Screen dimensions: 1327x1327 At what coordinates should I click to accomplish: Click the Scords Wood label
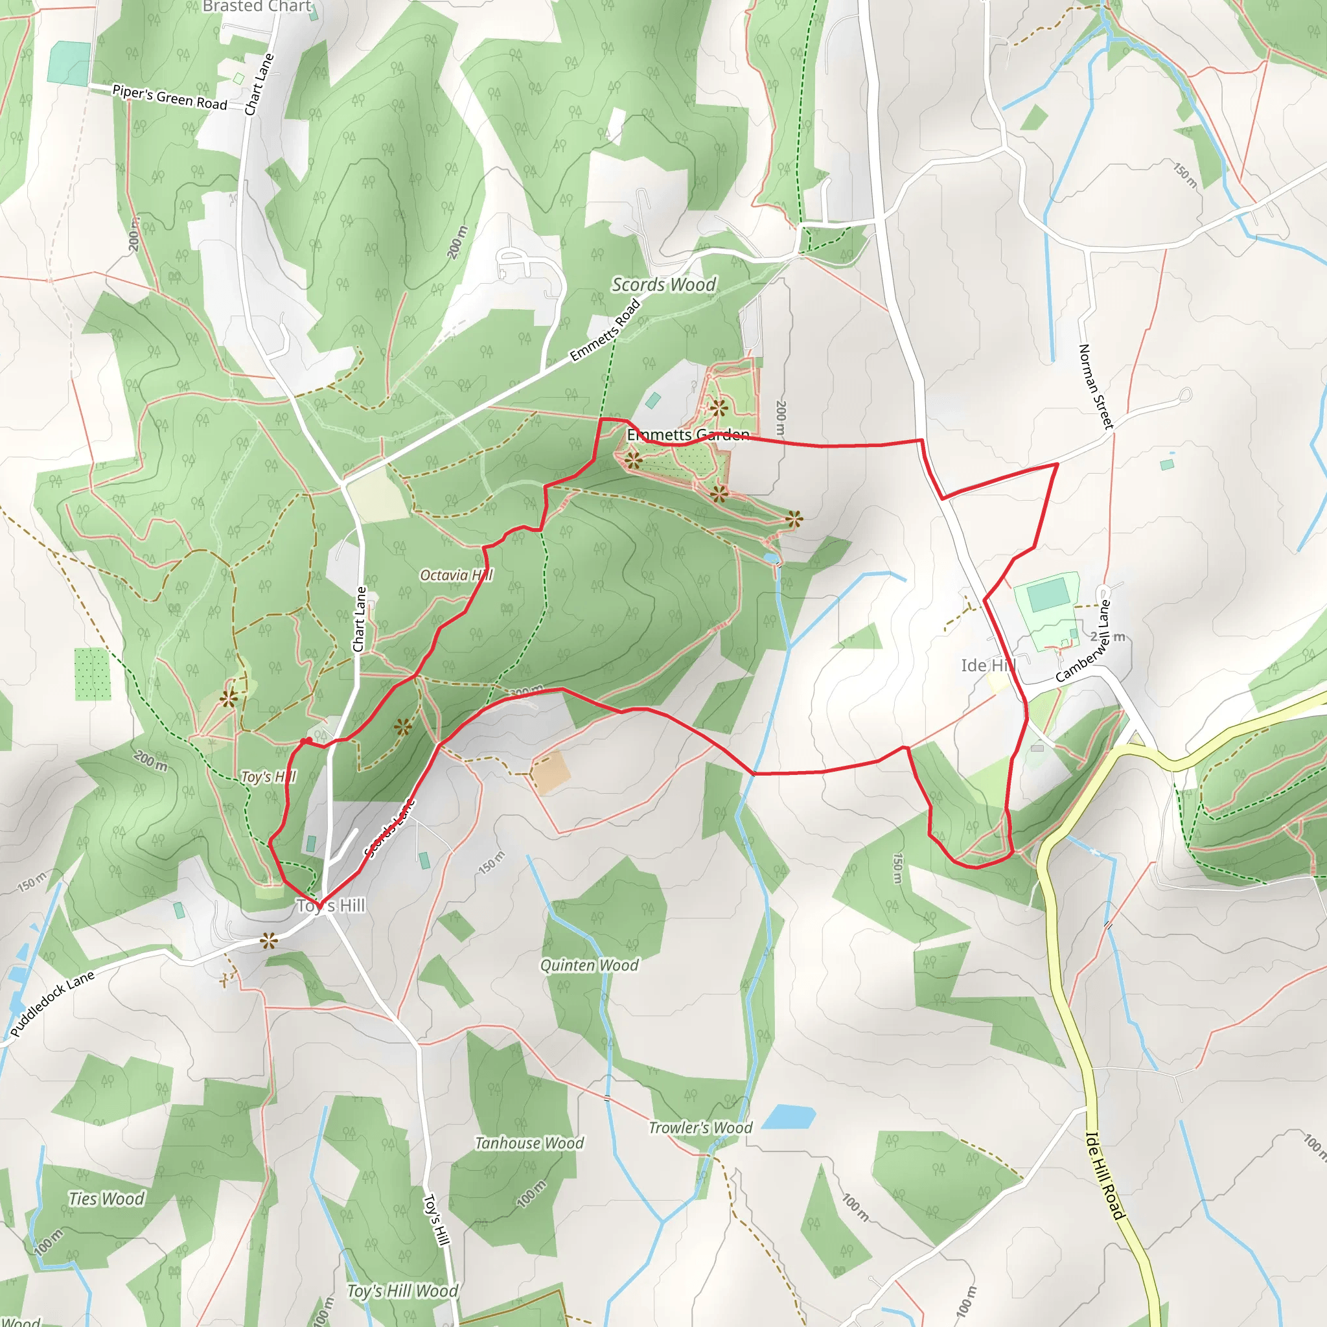coord(663,284)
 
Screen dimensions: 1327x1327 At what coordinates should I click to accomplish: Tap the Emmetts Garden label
coord(687,435)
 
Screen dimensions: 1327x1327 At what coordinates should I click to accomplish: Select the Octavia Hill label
coord(456,575)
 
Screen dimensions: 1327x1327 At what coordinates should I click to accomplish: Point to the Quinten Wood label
coord(590,965)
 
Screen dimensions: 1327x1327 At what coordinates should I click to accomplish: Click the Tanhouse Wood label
coord(529,1143)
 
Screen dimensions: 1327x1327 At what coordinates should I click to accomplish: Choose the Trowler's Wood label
coord(700,1127)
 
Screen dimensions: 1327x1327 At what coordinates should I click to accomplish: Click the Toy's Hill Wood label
coord(402,1291)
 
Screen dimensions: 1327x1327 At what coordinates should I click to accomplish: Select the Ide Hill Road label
coord(1105,1175)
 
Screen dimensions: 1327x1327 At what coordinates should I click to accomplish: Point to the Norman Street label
coord(1096,387)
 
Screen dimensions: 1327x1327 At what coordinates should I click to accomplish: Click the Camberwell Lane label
coord(1083,641)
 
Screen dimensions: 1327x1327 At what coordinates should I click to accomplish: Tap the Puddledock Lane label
coord(52,1004)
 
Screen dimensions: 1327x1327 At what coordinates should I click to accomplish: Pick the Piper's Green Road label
coord(170,98)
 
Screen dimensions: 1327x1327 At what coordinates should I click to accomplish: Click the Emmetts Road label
coord(605,330)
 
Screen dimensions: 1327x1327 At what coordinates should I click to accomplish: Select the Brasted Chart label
coord(257,7)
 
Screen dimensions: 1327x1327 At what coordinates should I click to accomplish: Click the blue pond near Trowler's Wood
coord(788,1117)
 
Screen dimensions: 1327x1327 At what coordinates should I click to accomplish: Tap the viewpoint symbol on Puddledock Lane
coord(268,941)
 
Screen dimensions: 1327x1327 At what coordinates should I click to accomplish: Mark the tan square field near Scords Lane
coord(551,772)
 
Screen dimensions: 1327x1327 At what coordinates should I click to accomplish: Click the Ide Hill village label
coord(987,665)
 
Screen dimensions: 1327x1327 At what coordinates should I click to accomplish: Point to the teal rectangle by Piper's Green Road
coord(69,63)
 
